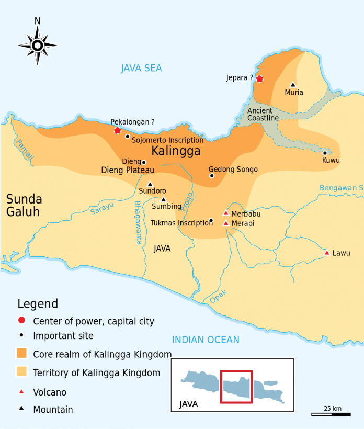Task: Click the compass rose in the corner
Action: coord(38,46)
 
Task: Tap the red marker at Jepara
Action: coord(259,78)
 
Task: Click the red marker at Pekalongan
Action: coord(117,130)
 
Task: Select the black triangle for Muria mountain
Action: coord(293,85)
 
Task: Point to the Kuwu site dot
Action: coord(325,153)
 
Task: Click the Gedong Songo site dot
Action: coord(212,176)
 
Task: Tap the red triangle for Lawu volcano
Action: coord(327,253)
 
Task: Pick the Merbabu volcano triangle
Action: coord(226,213)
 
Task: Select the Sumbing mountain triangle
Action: coord(163,199)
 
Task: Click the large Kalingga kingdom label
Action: coord(176,152)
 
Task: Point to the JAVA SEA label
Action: coord(141,68)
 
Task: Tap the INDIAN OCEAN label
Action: coord(206,340)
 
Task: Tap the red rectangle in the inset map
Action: coord(236,387)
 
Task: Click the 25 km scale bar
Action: coord(331,414)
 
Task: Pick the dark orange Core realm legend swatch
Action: coord(21,354)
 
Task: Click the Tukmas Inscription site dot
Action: coord(211,220)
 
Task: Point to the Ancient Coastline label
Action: coord(263,114)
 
